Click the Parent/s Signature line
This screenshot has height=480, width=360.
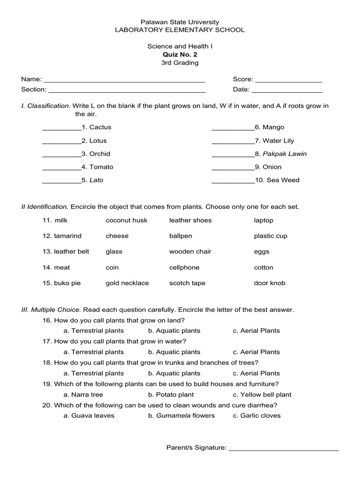284,450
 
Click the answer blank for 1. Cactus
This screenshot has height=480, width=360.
61,128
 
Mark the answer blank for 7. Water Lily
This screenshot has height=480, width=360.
233,142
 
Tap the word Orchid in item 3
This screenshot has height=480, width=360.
100,154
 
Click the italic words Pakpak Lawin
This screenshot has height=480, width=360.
285,154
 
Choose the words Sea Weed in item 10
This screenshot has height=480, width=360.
283,180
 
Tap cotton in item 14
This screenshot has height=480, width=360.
263,268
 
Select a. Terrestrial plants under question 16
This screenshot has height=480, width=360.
94,331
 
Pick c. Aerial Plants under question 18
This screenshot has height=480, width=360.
256,374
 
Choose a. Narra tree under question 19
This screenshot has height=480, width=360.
83,395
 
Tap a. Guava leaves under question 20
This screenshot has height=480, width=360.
89,416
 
